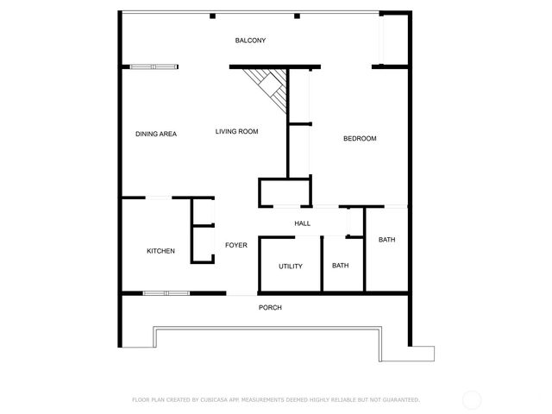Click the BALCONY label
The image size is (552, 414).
[250, 41]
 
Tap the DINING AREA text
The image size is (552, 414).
[156, 134]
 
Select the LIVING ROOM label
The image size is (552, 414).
[237, 131]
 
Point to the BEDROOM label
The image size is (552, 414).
[360, 139]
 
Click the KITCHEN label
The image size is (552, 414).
[160, 251]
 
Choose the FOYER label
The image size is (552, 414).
[236, 245]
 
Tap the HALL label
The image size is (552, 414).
[302, 223]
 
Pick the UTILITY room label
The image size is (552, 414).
[291, 266]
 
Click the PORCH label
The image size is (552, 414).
[270, 308]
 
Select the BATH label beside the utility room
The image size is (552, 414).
[341, 266]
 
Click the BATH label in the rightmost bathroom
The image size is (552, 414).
[386, 239]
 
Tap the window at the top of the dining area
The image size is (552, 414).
[154, 66]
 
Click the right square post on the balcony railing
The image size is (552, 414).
[296, 16]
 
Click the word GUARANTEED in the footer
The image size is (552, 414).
[398, 399]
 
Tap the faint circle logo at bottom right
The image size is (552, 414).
[472, 399]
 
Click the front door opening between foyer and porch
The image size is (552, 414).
[241, 294]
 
